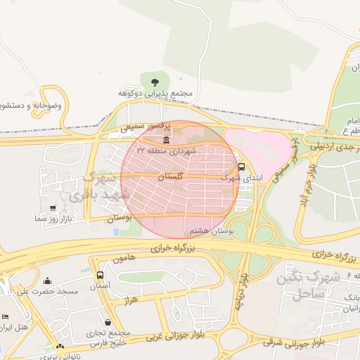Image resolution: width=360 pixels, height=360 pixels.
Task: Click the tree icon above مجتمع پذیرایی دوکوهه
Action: (154, 79)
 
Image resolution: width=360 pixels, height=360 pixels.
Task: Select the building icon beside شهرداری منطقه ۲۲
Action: (165, 141)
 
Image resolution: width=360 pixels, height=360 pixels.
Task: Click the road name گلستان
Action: (171, 178)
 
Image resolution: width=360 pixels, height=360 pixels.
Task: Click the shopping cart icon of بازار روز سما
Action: (54, 208)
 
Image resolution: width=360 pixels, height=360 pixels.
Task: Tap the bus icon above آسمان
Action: (100, 275)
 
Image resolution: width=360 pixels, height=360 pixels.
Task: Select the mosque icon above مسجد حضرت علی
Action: (48, 281)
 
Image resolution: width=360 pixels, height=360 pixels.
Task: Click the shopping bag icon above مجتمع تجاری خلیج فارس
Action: (108, 322)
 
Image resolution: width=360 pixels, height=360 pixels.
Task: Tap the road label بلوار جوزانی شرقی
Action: (294, 342)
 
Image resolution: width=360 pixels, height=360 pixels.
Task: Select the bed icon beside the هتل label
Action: (6, 317)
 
